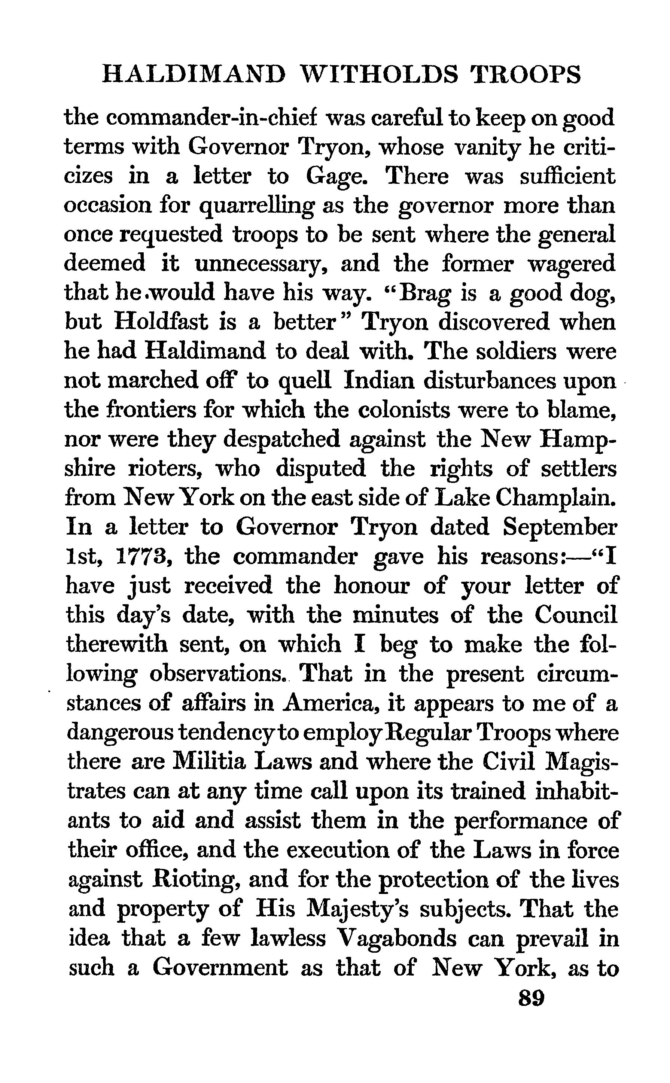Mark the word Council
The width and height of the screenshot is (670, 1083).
coord(576,615)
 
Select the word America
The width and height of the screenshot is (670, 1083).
coord(332,703)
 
